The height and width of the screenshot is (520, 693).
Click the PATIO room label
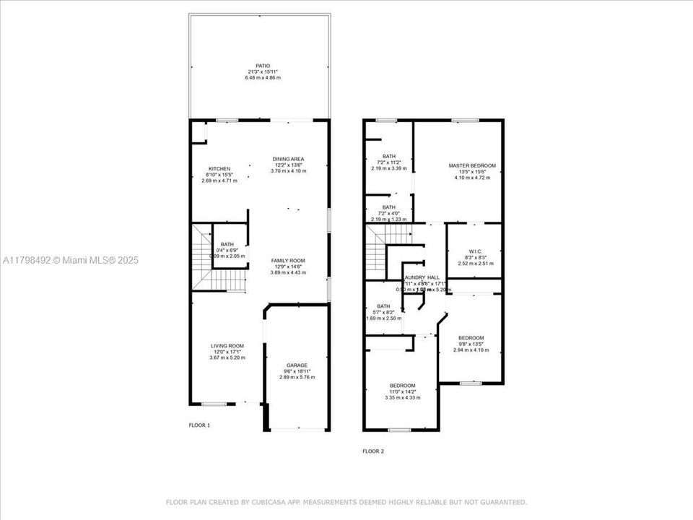click(262, 66)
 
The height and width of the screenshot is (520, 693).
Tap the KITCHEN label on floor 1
click(219, 169)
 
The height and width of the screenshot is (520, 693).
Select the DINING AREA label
click(288, 159)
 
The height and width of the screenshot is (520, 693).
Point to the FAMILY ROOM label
click(288, 260)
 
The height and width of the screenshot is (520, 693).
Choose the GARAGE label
click(297, 365)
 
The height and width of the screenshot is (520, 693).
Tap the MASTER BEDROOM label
click(472, 165)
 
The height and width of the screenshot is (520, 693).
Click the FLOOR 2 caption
click(373, 451)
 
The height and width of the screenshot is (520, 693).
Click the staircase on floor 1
click(201, 256)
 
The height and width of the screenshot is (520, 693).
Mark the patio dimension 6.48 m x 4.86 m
click(262, 77)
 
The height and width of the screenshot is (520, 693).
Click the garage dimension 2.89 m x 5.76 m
click(297, 378)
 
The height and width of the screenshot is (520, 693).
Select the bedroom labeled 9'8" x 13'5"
click(471, 338)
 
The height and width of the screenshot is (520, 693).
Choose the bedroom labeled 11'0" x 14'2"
click(402, 386)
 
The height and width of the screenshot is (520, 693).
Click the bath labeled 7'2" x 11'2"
click(389, 156)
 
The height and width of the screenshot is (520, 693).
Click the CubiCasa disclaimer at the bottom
click(346, 502)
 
